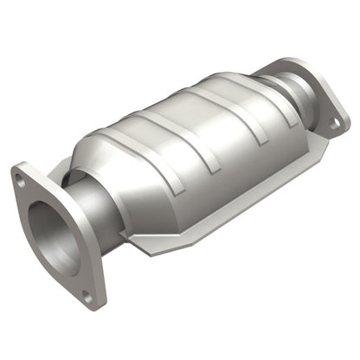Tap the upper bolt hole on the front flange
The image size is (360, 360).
[x=19, y=180]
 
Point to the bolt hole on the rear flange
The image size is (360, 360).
[x=334, y=125]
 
